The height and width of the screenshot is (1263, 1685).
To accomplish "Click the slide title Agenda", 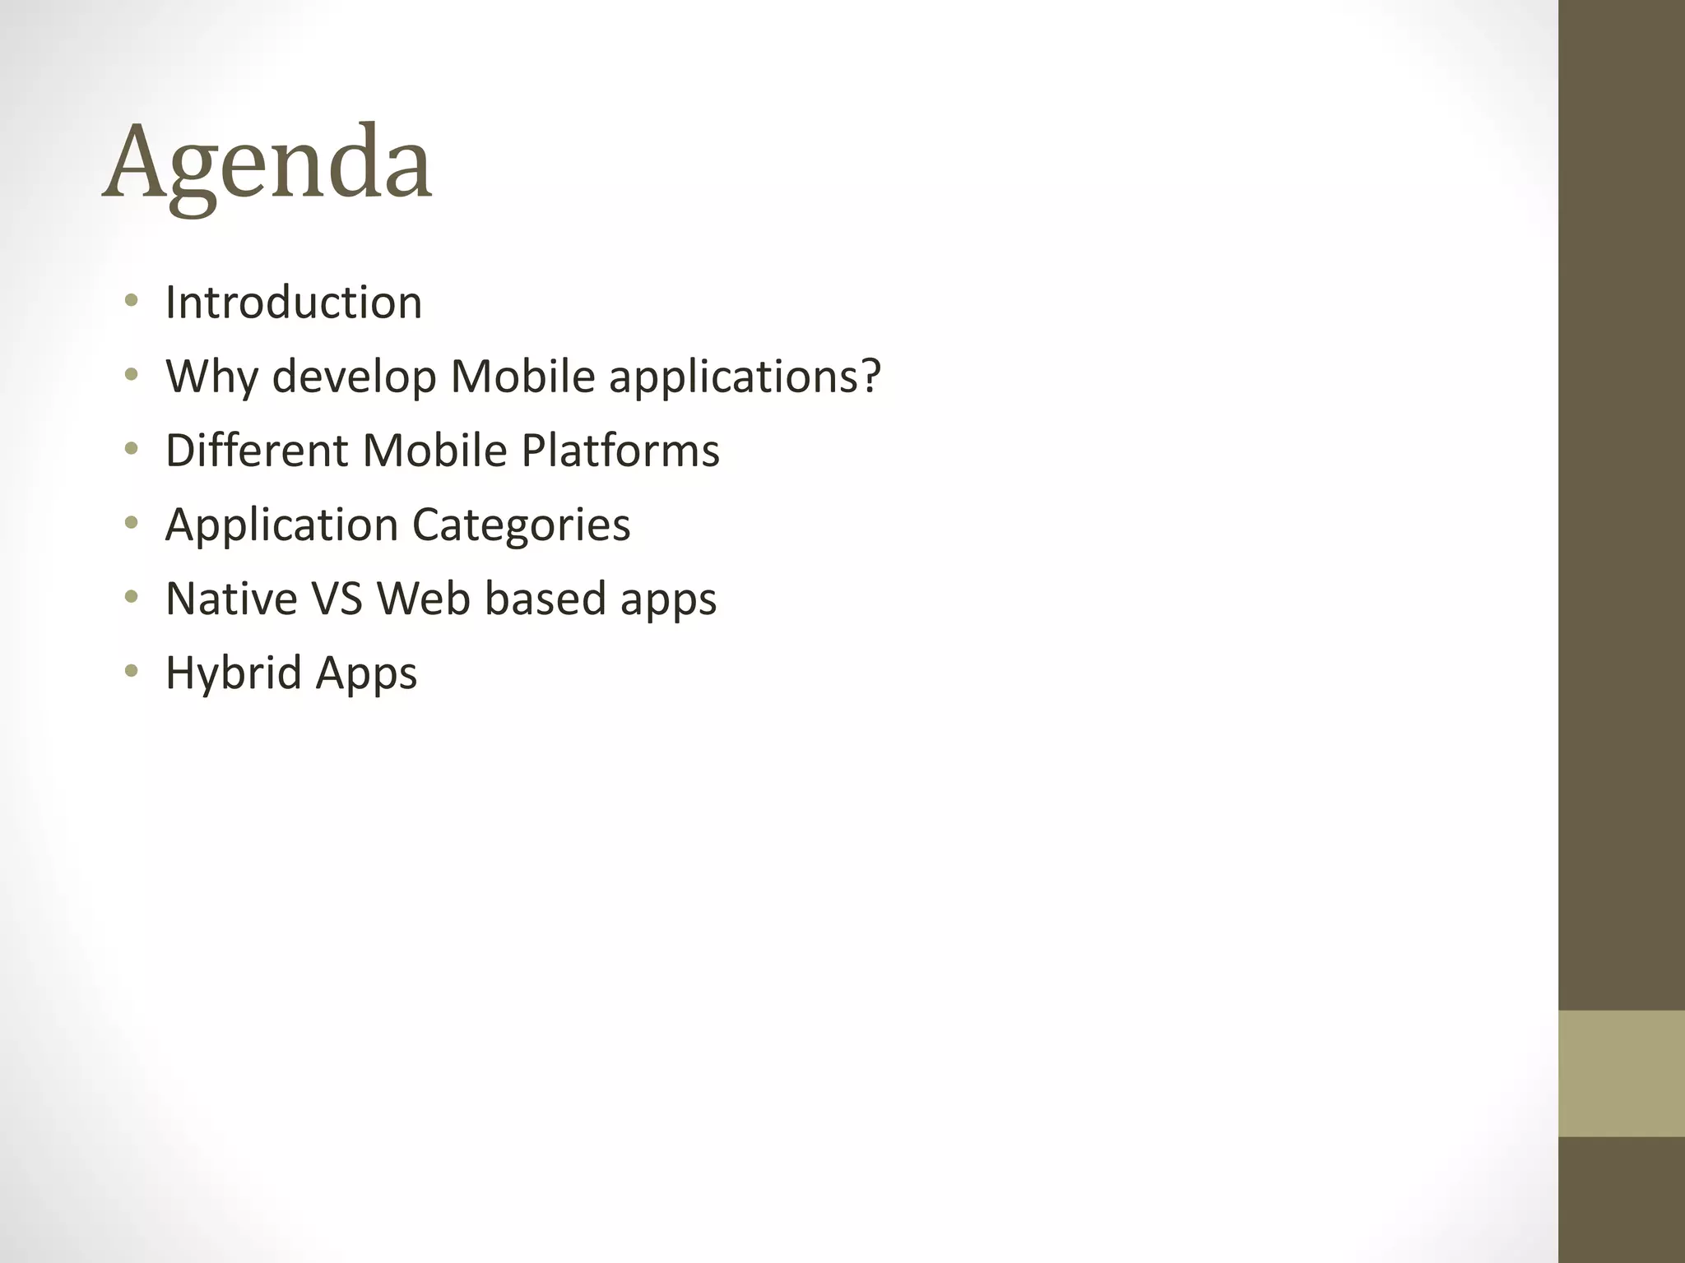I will [x=267, y=162].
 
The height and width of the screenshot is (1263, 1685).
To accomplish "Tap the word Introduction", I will [x=294, y=303].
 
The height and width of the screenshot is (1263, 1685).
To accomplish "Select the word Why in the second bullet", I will [x=212, y=377].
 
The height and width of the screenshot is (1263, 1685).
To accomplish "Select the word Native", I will [x=231, y=599].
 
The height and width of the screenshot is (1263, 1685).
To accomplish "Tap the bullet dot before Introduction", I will [x=131, y=301].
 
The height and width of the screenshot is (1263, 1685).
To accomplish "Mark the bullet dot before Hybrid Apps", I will [x=131, y=671].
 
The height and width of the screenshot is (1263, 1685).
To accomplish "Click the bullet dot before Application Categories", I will [x=131, y=523].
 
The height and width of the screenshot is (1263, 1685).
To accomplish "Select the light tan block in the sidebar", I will [x=1622, y=1073].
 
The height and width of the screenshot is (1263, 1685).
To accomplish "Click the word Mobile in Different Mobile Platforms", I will [x=434, y=451].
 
